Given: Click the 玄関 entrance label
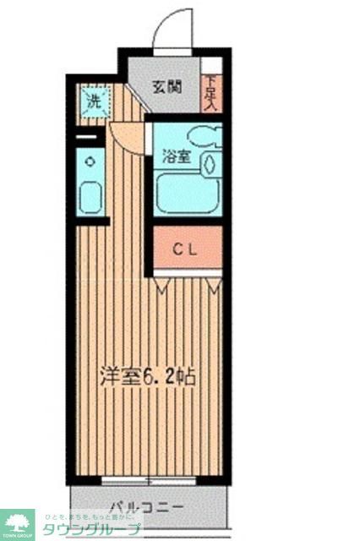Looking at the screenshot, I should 167,85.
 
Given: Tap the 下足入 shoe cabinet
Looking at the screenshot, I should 210,93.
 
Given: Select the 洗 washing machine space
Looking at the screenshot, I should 94,104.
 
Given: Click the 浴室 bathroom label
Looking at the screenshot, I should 176,156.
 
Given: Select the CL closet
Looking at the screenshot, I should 187,249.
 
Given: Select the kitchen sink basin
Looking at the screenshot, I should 90,196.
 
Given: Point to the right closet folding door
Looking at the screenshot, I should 213,287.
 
